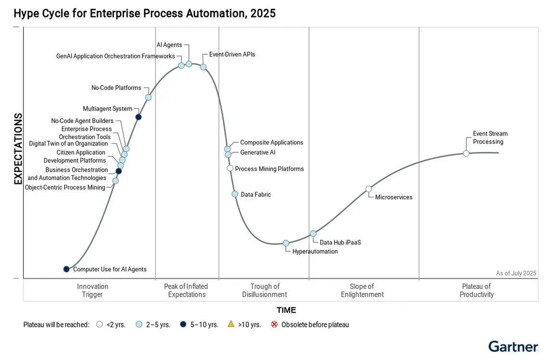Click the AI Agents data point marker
click(189, 64)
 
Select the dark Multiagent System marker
click(139, 117)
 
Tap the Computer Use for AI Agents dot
click(66, 269)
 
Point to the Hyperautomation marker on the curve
click(286, 243)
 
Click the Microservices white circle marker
click(369, 189)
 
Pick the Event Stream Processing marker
click(466, 153)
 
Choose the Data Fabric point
click(235, 194)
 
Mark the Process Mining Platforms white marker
click(230, 168)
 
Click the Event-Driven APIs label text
click(232, 54)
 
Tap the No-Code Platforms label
click(116, 88)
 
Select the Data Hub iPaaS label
click(340, 242)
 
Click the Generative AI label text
click(257, 153)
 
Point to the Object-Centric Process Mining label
click(65, 187)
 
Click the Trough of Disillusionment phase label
click(265, 290)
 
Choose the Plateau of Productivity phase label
click(477, 290)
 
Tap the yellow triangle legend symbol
click(231, 324)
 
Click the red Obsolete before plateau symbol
click(274, 324)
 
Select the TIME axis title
click(286, 310)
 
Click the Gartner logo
click(513, 347)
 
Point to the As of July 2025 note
click(516, 273)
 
